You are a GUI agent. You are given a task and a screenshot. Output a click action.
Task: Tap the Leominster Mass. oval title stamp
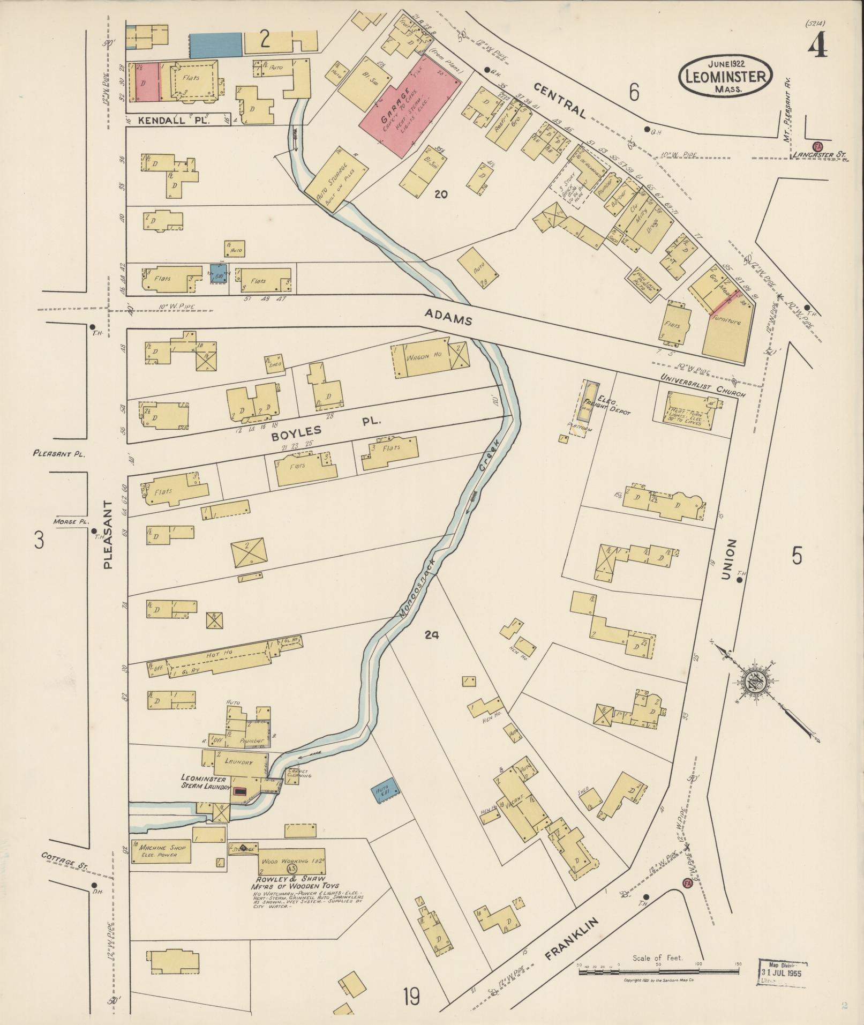pos(726,76)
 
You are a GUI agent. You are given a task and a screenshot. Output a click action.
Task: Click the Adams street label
pos(448,320)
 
